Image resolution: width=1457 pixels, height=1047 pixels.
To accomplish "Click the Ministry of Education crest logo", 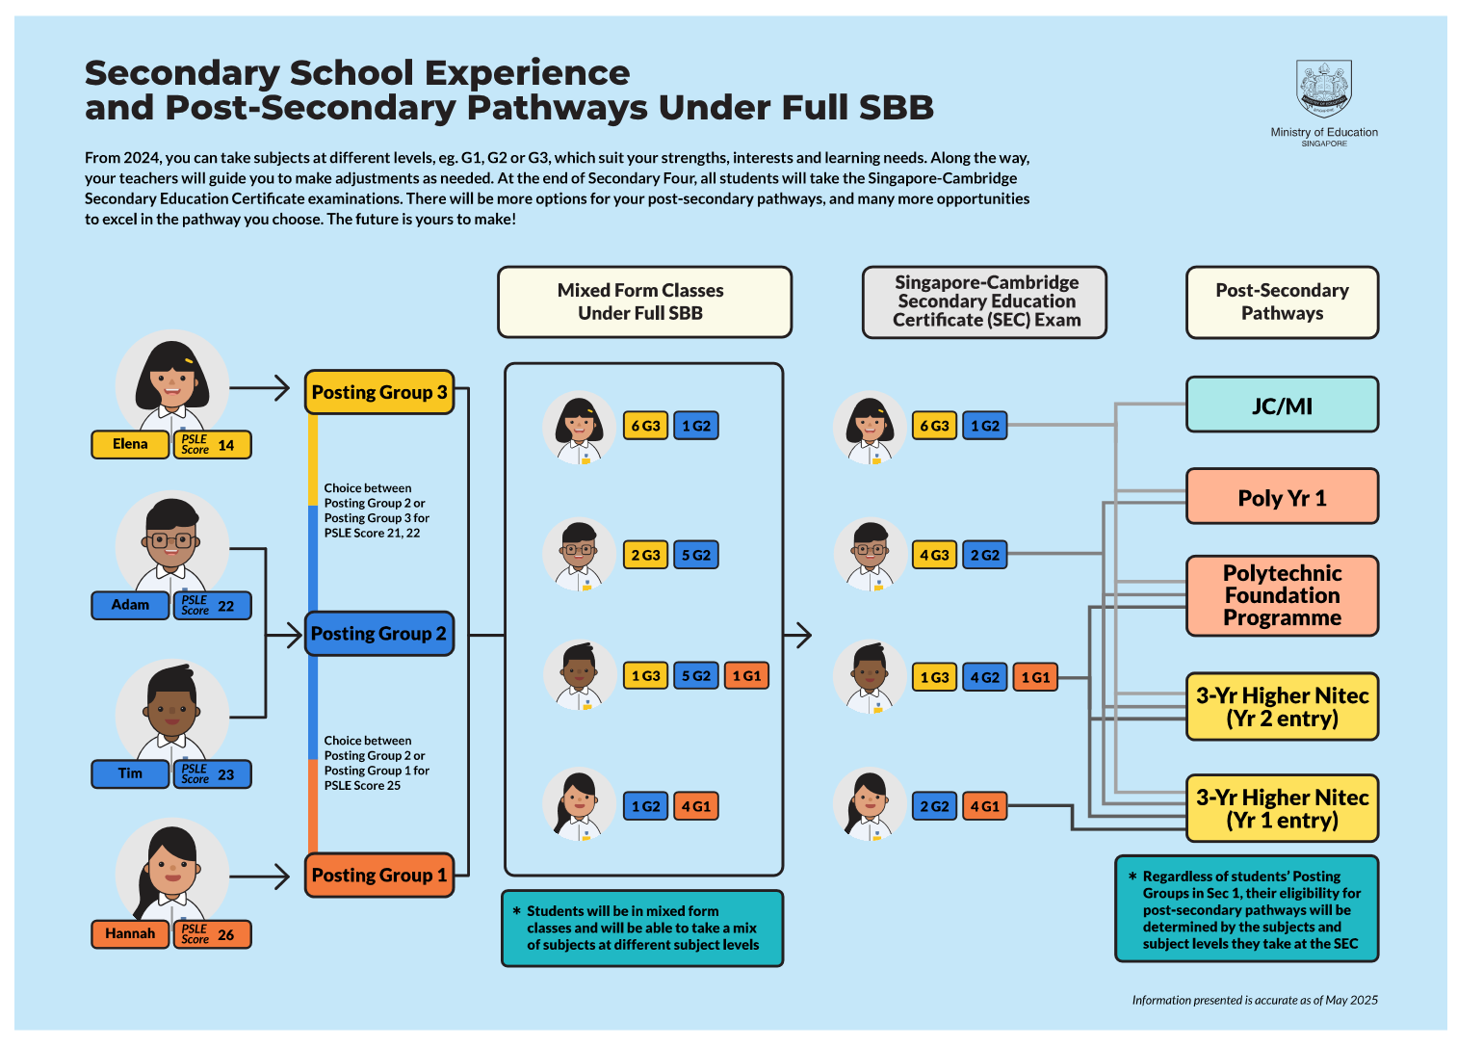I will coord(1323,90).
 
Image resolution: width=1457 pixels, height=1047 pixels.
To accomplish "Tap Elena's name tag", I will coord(130,444).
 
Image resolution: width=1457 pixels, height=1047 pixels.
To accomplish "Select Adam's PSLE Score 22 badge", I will coord(212,606).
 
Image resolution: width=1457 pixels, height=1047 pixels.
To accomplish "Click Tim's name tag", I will coord(130,773).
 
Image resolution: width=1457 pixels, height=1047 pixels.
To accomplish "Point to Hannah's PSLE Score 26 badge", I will coord(212,934).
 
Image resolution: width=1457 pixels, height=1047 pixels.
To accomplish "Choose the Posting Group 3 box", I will coord(378,392).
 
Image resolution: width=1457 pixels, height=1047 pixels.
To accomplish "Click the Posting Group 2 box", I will coord(378,634).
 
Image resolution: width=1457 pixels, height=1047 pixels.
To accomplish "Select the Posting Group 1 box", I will coord(378,875).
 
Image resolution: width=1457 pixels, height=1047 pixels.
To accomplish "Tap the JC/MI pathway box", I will coord(1282,406).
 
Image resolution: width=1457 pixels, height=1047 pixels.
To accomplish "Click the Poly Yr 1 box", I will coord(1282,497).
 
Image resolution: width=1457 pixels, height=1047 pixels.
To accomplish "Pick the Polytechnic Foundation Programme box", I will coord(1282,595).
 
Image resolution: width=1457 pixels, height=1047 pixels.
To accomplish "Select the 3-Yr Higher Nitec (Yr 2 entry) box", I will coord(1282,707).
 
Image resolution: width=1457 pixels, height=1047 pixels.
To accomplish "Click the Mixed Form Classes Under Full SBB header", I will coord(644,301).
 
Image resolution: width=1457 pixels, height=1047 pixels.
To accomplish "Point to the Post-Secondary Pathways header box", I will coord(1282,301).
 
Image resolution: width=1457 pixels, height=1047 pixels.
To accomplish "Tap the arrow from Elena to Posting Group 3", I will coord(260,388).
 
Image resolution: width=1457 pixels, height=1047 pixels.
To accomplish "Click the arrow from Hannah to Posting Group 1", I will coord(260,877).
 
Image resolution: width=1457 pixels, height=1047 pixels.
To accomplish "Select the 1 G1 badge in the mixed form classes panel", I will coord(746,676).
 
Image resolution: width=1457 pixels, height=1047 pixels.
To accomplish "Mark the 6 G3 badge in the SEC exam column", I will coord(934,426).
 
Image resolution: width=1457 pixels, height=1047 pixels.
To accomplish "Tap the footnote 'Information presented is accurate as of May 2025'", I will coord(1254,1000).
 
